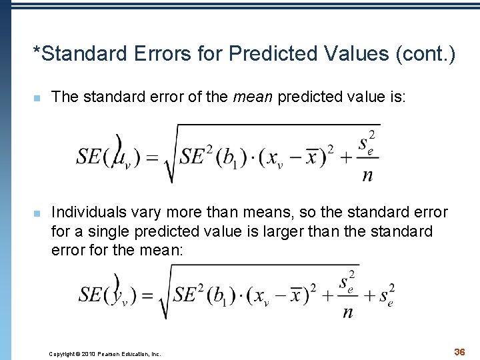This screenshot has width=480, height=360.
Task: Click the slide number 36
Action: pos(459,351)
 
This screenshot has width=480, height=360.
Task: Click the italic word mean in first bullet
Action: pos(253,97)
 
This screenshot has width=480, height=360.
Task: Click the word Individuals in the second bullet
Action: pos(85,213)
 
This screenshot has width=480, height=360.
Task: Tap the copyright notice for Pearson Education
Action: pos(105,354)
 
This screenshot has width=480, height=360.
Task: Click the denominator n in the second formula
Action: pos(347,312)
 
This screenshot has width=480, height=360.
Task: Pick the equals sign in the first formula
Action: pos(152,157)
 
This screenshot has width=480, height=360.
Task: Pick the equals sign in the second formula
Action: pos(147,295)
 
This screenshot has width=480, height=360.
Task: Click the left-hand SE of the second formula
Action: pos(90,295)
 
